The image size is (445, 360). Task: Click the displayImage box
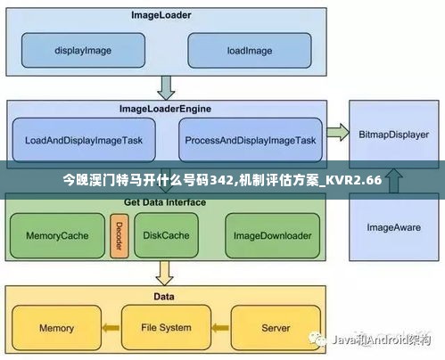pyautogui.click(x=82, y=50)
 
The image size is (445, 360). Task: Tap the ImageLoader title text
pyautogui.click(x=161, y=15)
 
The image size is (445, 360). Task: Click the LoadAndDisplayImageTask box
pyautogui.click(x=83, y=140)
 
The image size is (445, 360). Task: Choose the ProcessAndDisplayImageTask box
pyautogui.click(x=249, y=140)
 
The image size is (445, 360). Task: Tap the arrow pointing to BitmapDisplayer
pyautogui.click(x=336, y=133)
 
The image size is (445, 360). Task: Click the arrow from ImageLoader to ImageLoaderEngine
pyautogui.click(x=166, y=87)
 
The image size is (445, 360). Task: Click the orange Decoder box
pyautogui.click(x=118, y=235)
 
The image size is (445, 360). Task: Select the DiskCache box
pyautogui.click(x=167, y=236)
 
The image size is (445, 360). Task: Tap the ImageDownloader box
pyautogui.click(x=272, y=236)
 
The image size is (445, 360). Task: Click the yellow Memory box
pyautogui.click(x=55, y=328)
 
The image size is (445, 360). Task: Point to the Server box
pyautogui.click(x=276, y=328)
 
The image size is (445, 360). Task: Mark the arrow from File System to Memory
pyautogui.click(x=111, y=329)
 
